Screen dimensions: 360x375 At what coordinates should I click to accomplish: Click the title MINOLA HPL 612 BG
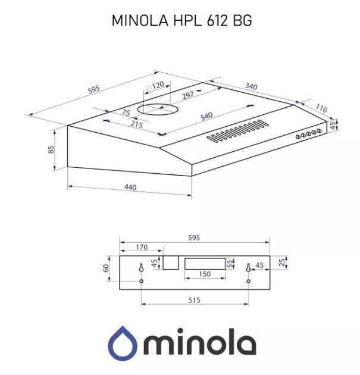tap(181, 21)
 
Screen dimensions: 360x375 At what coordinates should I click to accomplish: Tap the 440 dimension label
tap(130, 187)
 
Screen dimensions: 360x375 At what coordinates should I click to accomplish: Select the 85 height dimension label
tap(51, 149)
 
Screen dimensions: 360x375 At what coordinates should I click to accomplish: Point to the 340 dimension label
tap(251, 86)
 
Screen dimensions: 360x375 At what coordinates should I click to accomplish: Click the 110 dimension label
tap(321, 108)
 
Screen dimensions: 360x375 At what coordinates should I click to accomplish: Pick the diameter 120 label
tap(155, 86)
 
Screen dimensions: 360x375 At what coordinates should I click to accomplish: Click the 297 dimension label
tap(187, 95)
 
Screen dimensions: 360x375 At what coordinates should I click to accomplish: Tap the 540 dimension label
tap(206, 116)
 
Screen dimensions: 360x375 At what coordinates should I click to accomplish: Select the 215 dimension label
tap(136, 124)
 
